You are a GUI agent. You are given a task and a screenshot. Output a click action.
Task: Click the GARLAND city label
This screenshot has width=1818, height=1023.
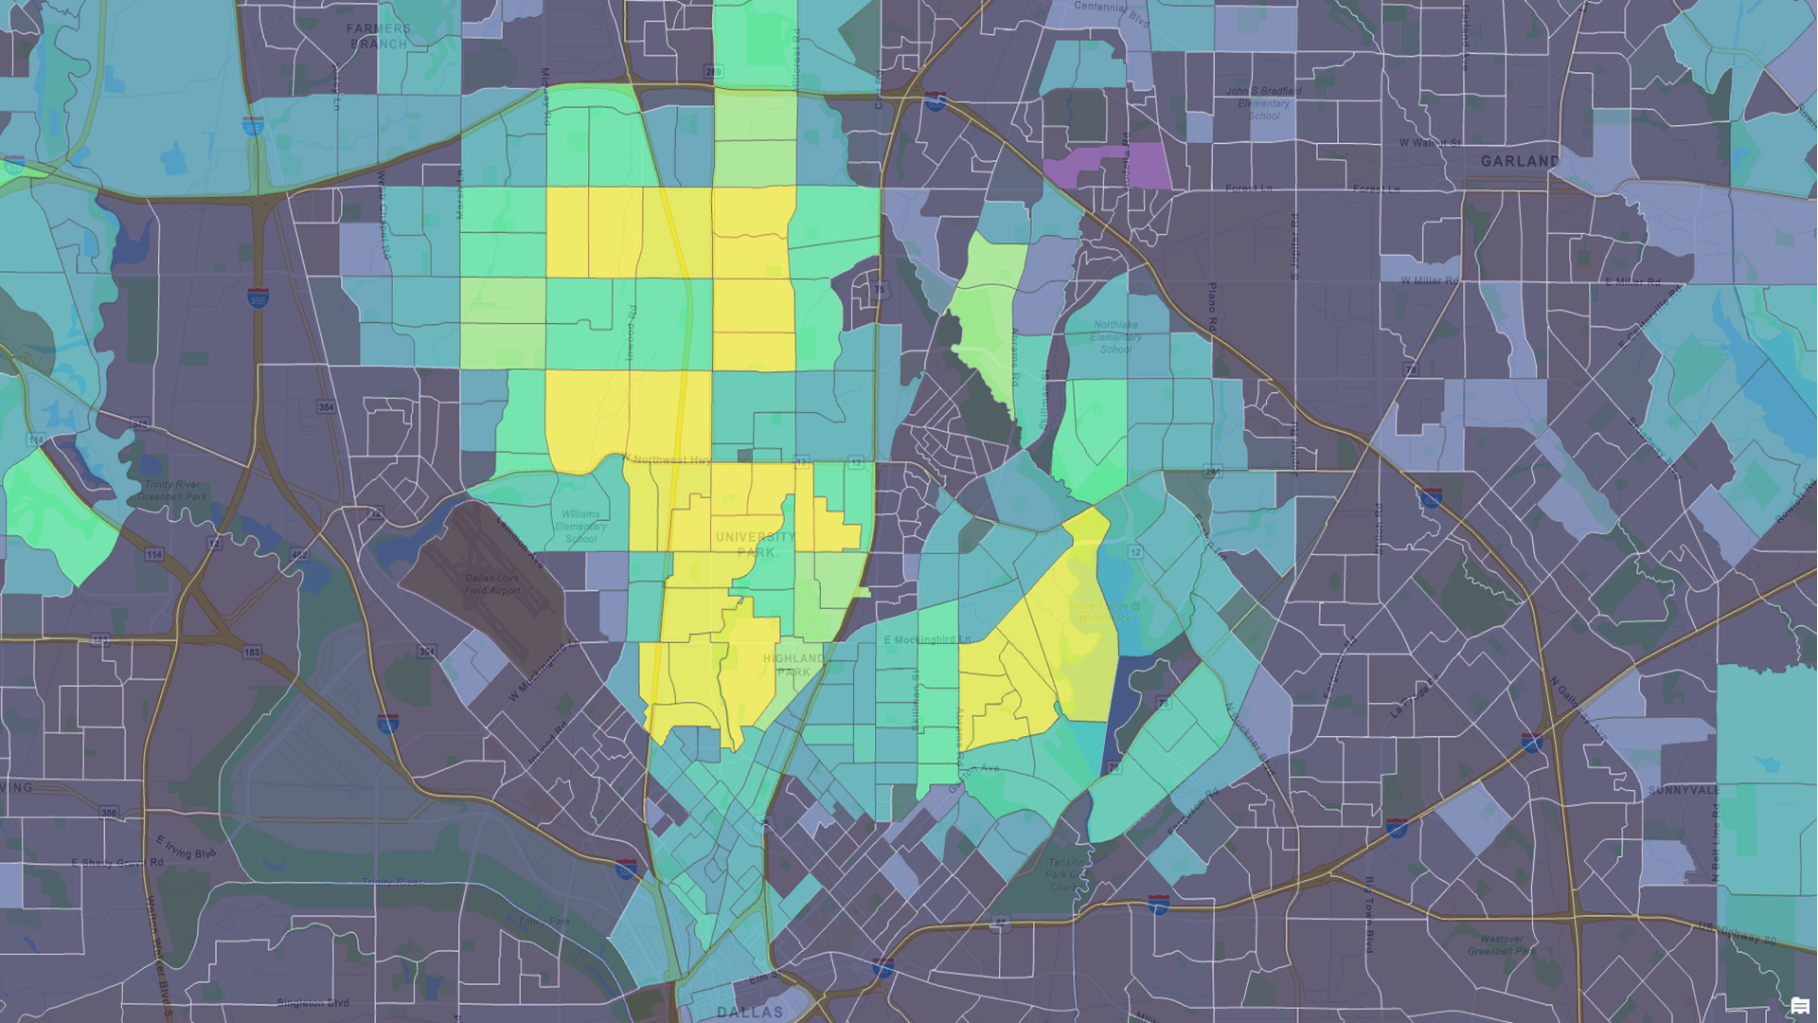click(x=1519, y=161)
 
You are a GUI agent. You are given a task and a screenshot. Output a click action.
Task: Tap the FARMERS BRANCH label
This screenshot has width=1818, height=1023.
click(x=379, y=36)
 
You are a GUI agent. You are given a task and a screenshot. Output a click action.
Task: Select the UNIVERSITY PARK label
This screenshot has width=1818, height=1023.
click(x=756, y=544)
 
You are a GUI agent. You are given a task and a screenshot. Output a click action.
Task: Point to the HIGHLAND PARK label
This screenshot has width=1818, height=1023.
click(x=793, y=665)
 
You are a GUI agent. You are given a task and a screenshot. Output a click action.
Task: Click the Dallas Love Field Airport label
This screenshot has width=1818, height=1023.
click(x=492, y=584)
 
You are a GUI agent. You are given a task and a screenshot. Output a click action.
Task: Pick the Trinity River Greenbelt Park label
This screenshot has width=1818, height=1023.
click(x=172, y=490)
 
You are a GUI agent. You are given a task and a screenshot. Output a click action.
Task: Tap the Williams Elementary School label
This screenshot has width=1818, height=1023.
click(x=581, y=526)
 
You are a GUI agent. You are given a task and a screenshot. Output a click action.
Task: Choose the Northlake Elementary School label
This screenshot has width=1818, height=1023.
click(x=1115, y=336)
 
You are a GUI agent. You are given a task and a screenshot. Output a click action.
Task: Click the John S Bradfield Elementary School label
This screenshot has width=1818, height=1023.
click(x=1263, y=103)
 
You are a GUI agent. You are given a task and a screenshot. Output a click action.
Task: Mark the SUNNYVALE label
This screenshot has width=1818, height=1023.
click(x=1684, y=790)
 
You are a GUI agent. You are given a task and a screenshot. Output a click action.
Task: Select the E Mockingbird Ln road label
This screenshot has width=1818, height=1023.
click(x=927, y=639)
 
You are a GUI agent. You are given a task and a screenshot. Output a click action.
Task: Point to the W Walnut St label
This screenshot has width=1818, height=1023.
click(x=1430, y=143)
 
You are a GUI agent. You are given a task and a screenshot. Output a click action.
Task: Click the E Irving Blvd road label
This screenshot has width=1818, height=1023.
click(x=186, y=847)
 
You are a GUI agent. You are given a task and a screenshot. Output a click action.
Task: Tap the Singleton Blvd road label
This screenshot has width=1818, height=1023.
click(x=313, y=1002)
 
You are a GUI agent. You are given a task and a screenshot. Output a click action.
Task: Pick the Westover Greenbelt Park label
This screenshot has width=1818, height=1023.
click(x=1502, y=944)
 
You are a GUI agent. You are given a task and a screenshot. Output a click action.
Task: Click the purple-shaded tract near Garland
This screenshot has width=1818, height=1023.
click(x=1108, y=167)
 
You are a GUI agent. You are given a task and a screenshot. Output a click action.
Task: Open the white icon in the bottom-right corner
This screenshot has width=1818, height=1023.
click(x=1799, y=1006)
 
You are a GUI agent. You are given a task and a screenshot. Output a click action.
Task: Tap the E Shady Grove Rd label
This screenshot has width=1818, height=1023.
click(x=117, y=863)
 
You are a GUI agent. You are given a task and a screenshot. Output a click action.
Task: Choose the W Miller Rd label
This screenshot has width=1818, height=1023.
click(x=1430, y=281)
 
